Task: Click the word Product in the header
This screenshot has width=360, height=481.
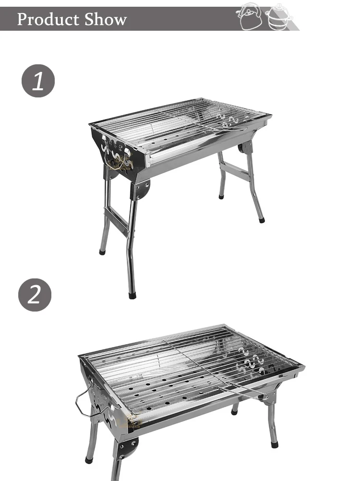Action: (48, 19)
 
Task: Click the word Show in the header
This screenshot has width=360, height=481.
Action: (106, 19)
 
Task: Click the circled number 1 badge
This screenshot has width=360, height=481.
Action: (38, 81)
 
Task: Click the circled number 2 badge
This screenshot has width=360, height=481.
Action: (35, 294)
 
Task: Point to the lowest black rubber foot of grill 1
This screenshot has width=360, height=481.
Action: (132, 295)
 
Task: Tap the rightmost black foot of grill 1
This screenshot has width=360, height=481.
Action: (262, 220)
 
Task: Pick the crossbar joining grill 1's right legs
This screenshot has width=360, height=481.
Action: (235, 171)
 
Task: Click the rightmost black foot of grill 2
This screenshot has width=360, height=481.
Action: (275, 445)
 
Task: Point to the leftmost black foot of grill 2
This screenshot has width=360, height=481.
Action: (89, 459)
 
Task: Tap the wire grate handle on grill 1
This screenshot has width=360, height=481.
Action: (230, 129)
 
